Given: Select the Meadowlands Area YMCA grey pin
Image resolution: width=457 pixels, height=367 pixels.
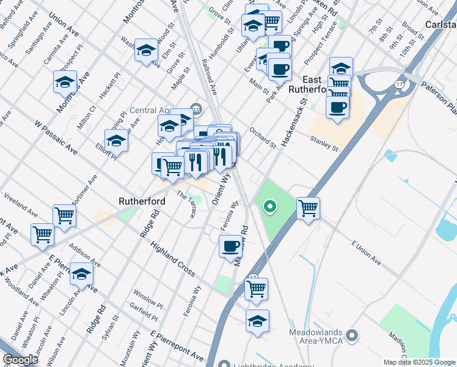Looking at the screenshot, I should click(351, 335).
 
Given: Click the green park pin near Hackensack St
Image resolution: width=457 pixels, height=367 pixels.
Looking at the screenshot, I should click(269, 207).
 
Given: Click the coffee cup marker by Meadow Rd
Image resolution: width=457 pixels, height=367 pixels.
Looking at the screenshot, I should click(230, 246).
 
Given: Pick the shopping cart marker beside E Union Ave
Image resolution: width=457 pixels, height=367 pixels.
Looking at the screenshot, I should click(309, 207).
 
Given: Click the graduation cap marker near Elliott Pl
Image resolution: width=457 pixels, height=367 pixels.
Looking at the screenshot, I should click(116, 140).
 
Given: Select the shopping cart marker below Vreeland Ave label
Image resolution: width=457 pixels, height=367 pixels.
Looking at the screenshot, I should click(64, 215).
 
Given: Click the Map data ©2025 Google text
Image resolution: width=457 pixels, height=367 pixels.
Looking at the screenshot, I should click(419, 362).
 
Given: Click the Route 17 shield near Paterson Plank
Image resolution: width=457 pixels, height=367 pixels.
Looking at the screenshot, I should click(400, 84).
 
